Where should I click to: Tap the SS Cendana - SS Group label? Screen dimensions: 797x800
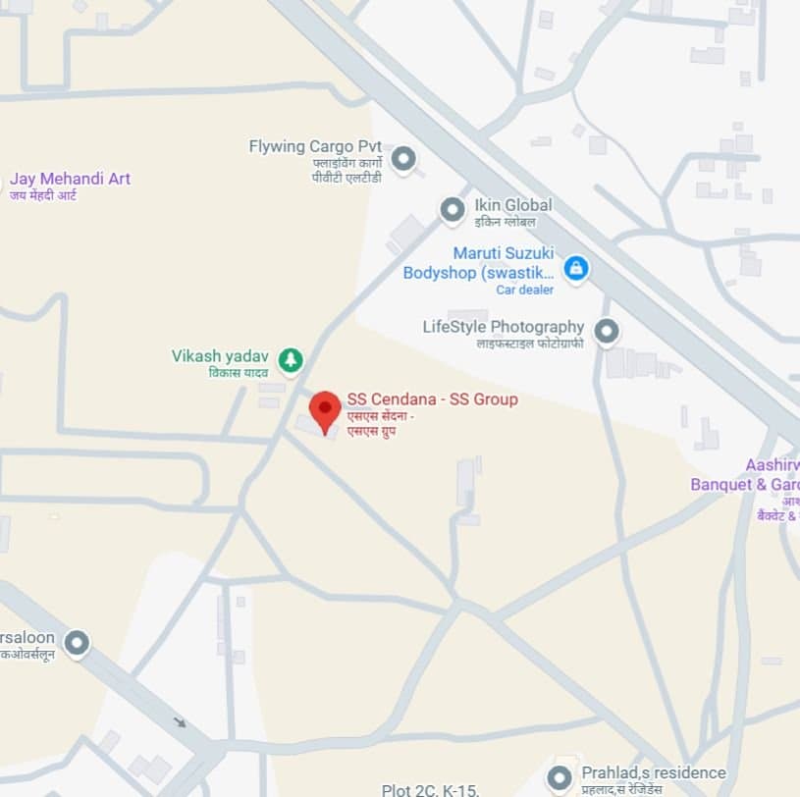click(432, 399)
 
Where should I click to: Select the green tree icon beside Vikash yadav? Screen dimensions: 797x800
click(290, 360)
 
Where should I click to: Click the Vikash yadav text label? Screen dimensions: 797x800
click(220, 356)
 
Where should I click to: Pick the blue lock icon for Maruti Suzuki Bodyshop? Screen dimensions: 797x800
click(576, 267)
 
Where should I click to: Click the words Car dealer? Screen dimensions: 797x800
click(524, 290)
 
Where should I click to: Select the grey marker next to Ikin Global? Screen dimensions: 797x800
click(452, 209)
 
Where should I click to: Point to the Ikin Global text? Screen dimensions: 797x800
click(512, 205)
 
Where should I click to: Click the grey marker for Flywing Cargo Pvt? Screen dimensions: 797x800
click(402, 158)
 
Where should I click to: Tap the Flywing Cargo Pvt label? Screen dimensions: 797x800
click(314, 147)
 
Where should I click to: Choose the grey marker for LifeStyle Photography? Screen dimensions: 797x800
click(607, 332)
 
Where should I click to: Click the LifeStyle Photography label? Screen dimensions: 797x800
click(503, 327)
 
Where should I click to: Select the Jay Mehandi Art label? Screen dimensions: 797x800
click(70, 179)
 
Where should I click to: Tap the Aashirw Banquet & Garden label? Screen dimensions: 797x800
click(746, 475)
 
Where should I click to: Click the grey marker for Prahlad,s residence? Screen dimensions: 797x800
click(560, 778)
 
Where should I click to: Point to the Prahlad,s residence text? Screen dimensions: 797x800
click(653, 772)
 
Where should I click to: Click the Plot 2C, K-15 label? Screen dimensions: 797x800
click(429, 789)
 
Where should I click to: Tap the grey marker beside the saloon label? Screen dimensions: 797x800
click(77, 643)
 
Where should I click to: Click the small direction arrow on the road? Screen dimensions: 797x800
click(180, 722)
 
